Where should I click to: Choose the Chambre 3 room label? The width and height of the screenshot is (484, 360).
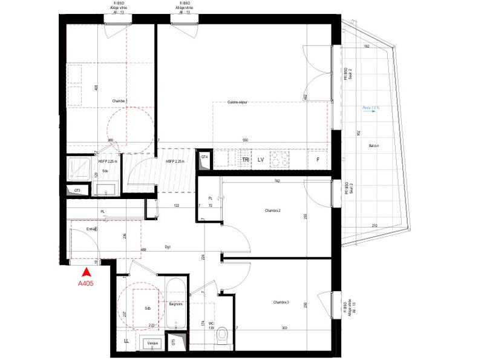[281, 302]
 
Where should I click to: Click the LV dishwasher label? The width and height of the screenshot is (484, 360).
[261, 160]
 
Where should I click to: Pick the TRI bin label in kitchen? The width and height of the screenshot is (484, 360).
[246, 160]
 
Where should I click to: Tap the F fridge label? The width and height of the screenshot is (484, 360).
[317, 160]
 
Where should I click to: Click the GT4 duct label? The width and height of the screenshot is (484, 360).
[204, 157]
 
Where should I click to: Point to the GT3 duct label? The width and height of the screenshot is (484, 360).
[77, 191]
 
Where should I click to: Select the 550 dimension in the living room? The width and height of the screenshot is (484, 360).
[245, 140]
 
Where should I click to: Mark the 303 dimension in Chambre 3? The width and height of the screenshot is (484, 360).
[284, 327]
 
